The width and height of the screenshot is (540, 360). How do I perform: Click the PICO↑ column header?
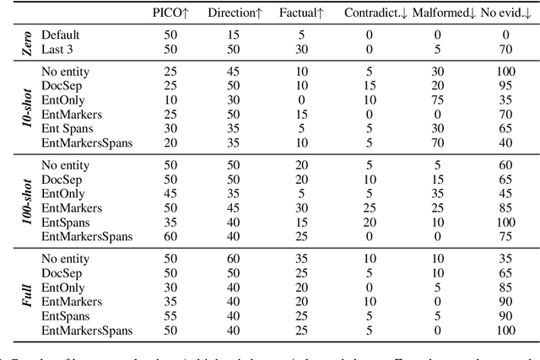[170, 13]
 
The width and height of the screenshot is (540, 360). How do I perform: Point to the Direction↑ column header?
[233, 13]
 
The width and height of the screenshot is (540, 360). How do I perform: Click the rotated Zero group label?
[26, 43]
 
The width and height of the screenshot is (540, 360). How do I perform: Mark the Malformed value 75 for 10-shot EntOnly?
[438, 99]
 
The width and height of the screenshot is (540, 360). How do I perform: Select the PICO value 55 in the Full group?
[170, 314]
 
